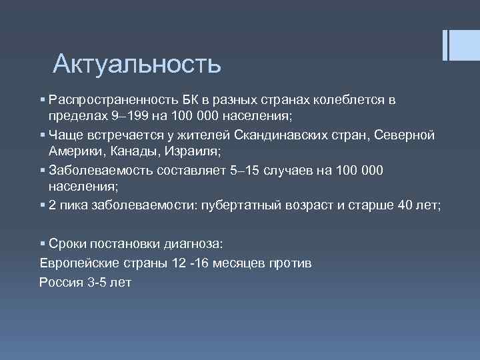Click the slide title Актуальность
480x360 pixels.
click(137, 64)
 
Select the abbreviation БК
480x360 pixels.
click(190, 100)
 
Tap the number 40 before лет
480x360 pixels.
click(407, 206)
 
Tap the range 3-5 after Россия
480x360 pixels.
click(98, 281)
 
